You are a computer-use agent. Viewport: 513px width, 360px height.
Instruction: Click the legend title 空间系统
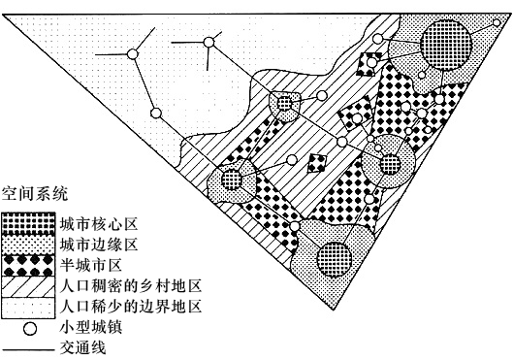[35, 194]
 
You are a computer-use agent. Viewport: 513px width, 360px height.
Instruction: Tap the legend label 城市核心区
[99, 224]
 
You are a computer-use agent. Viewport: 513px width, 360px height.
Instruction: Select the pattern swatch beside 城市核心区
[28, 223]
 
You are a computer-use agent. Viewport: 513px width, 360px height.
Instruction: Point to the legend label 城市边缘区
[99, 245]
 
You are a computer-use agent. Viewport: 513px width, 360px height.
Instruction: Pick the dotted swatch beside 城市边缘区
[28, 245]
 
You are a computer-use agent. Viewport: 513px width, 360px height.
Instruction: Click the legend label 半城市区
[91, 265]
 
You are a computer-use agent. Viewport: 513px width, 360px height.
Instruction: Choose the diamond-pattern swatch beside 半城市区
[28, 266]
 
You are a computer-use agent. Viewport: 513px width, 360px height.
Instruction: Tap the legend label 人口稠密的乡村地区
[131, 285]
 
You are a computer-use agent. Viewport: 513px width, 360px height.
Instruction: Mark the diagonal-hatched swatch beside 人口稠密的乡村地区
[28, 286]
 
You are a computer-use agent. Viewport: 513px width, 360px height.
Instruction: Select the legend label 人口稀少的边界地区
[131, 307]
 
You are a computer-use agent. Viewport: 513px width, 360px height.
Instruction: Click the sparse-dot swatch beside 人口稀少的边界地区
[28, 308]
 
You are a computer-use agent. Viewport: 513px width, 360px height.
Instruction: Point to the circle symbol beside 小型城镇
[30, 329]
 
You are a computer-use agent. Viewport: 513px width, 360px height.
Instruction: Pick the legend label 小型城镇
[91, 327]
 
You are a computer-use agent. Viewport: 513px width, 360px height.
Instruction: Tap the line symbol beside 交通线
[28, 349]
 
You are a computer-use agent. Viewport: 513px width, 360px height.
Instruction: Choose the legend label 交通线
[83, 347]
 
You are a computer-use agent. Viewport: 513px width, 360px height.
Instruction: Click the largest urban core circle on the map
[446, 45]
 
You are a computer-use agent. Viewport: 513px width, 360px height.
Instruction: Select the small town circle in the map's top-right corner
[497, 23]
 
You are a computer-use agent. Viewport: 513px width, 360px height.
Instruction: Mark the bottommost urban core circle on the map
[335, 259]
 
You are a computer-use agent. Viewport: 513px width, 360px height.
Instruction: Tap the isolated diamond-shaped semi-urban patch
[317, 163]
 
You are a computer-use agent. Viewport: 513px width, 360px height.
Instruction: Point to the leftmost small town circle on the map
[133, 54]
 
